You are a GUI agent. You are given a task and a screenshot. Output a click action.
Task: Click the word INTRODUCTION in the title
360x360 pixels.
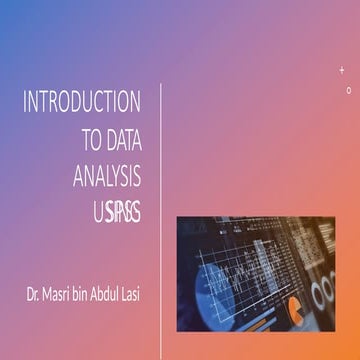tap(82, 101)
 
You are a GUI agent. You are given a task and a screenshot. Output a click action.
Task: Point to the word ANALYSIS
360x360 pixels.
tap(107, 176)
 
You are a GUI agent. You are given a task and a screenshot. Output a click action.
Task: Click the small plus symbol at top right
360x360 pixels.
tap(342, 68)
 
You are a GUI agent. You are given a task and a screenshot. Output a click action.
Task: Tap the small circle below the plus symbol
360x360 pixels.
tap(348, 90)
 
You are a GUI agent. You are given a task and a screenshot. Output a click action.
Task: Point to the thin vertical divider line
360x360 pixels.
tap(162, 220)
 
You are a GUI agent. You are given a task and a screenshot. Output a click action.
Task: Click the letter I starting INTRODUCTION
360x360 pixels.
tap(25, 101)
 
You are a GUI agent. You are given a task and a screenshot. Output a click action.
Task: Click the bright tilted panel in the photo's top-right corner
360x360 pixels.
tap(325, 235)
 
